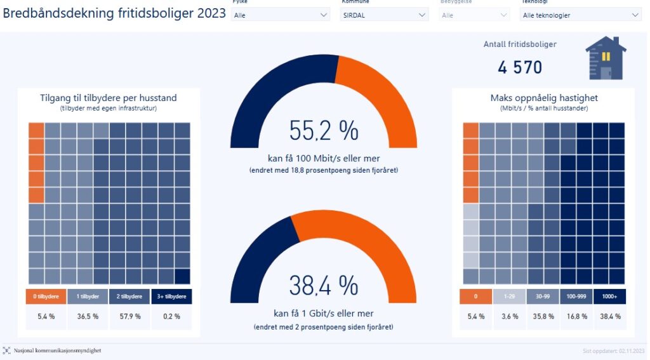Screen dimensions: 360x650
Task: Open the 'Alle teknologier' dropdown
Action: click(581, 15)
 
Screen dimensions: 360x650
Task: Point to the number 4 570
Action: click(520, 67)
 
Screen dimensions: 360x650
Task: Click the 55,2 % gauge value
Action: click(324, 131)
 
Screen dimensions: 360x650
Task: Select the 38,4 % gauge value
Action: click(324, 286)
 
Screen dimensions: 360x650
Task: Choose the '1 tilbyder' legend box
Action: click(87, 297)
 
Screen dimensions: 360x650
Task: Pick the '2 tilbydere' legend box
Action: click(129, 297)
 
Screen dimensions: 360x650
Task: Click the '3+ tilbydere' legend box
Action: click(171, 297)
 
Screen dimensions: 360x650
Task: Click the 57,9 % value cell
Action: click(129, 316)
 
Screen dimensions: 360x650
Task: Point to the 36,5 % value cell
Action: click(87, 316)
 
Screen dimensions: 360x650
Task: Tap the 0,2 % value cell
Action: click(171, 316)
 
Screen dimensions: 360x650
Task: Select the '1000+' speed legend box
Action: click(609, 297)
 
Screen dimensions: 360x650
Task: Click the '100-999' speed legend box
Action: click(576, 297)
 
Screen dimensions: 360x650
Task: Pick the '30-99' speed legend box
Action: click(543, 297)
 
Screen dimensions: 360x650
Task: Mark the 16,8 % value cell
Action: click(576, 316)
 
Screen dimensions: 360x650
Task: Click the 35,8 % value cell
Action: click(543, 316)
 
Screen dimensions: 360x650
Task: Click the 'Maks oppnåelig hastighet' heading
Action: click(544, 98)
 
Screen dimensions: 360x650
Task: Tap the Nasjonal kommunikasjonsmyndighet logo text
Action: click(57, 350)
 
